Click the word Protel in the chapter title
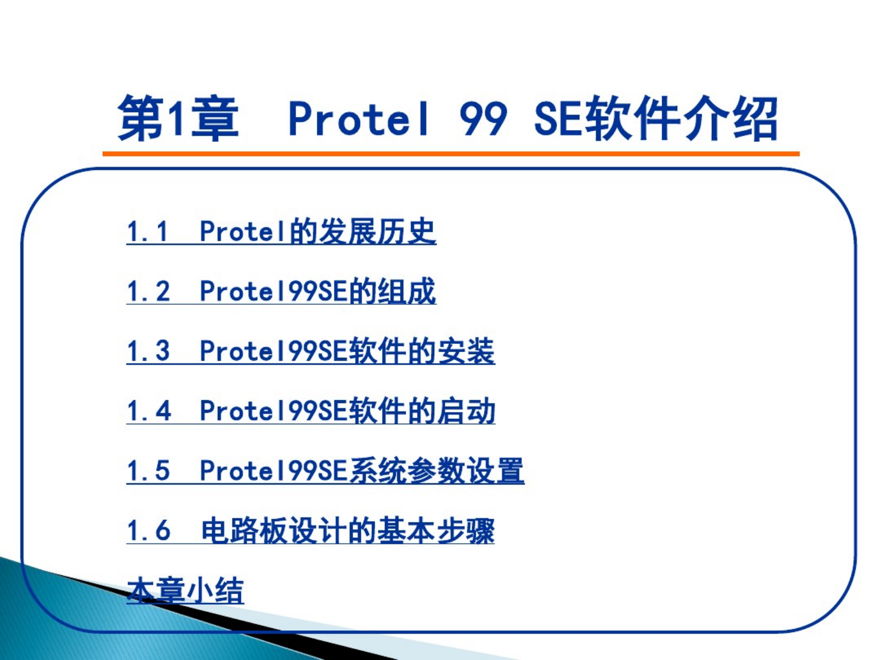coord(359,118)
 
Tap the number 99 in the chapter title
coord(484,118)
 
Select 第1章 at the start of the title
coord(178,118)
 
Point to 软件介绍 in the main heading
coord(681,118)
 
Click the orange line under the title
coord(451,154)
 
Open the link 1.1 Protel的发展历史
coord(281,231)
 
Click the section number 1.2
coord(148,291)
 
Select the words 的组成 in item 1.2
coord(392,291)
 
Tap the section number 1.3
coord(148,351)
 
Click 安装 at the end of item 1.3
coord(466,351)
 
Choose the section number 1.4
coord(149,411)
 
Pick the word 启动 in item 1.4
coord(466,411)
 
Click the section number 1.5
coord(148,471)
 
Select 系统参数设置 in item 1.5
coord(436,471)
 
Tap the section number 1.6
coord(148,530)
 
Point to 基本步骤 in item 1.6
coord(436,530)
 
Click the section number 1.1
coord(147,232)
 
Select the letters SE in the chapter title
coord(559,118)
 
